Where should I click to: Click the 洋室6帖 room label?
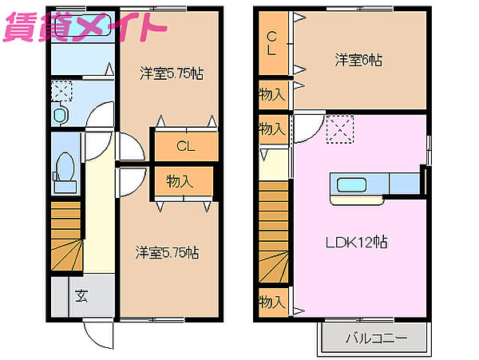tap(358, 60)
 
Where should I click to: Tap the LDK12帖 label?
tap(356, 243)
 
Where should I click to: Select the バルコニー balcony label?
tap(377, 338)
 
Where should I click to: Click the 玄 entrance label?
tap(82, 295)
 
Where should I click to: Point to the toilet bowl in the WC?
tap(65, 167)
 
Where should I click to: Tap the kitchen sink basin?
tap(351, 185)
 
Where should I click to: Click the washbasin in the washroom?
tap(60, 115)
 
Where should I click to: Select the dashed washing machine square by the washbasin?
tap(61, 91)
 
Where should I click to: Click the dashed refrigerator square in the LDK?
tap(340, 129)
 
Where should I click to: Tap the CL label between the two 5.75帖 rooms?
tap(186, 146)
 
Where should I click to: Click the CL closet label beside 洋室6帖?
tap(271, 43)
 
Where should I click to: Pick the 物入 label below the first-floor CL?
tap(180, 181)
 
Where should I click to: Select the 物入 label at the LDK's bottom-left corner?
tap(272, 303)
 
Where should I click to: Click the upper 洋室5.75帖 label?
tap(172, 73)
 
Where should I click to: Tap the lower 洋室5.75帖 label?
tap(167, 253)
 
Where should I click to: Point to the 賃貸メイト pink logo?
tap(85, 27)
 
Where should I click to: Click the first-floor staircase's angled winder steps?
tap(66, 255)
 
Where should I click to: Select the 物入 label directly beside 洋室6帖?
tap(272, 94)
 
